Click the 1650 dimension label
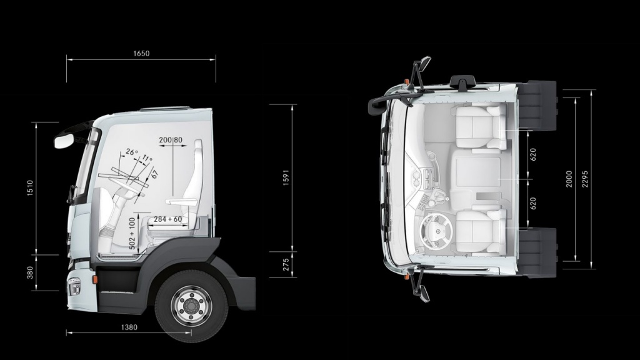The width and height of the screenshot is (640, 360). coord(141,54)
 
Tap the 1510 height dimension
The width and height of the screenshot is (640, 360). coord(30,188)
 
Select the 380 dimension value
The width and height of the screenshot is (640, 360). coord(30,272)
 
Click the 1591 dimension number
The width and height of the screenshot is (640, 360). coord(286,177)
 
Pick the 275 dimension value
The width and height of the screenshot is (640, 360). coord(286,264)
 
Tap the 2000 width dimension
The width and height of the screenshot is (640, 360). coord(569,178)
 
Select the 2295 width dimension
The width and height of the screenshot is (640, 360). coord(586,178)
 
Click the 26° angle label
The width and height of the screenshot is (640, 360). coord(131,152)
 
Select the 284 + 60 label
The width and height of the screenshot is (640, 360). coord(167,219)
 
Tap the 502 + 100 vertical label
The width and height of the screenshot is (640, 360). coord(132,234)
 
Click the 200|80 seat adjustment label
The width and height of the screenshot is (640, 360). coord(171,140)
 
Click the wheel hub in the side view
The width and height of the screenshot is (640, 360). coord(191,306)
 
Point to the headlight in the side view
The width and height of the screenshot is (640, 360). coord(74,287)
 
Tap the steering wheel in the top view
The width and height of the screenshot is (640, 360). coord(434,229)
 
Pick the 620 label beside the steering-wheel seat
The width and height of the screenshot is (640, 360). coord(533,203)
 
